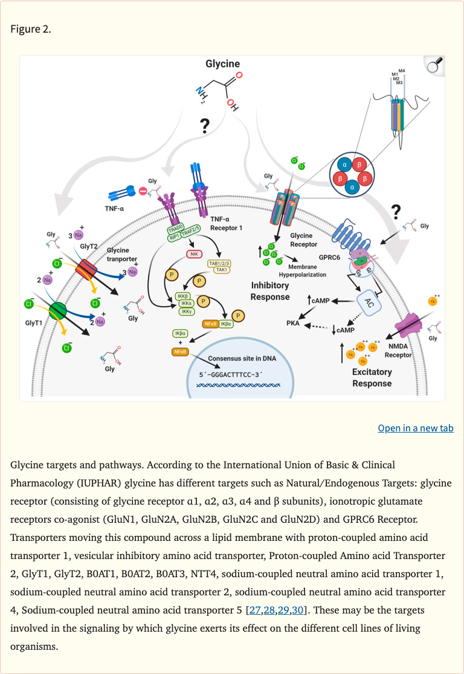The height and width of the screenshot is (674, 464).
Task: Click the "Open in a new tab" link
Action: (416, 428)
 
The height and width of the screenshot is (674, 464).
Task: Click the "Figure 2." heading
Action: (31, 29)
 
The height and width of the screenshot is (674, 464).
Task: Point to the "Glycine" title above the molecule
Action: (222, 64)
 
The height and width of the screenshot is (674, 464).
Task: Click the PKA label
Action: (294, 324)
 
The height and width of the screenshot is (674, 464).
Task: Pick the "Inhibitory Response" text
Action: (270, 291)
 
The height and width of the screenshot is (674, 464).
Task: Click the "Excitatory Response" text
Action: (372, 378)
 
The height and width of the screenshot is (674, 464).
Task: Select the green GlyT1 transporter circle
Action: (57, 310)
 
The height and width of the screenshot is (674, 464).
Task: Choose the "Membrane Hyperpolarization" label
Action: (307, 270)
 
